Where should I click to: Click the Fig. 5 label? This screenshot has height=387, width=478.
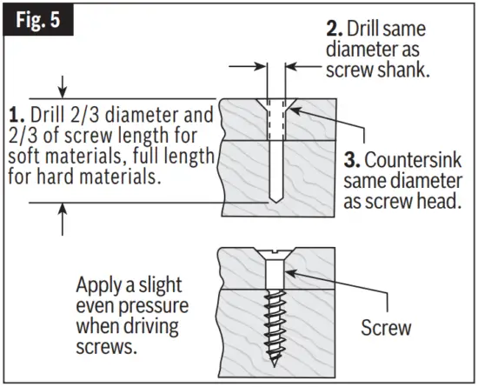(41, 19)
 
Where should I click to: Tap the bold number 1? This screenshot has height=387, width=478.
(15, 115)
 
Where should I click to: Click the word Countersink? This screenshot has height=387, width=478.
(408, 162)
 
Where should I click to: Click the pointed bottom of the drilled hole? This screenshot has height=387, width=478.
(274, 199)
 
